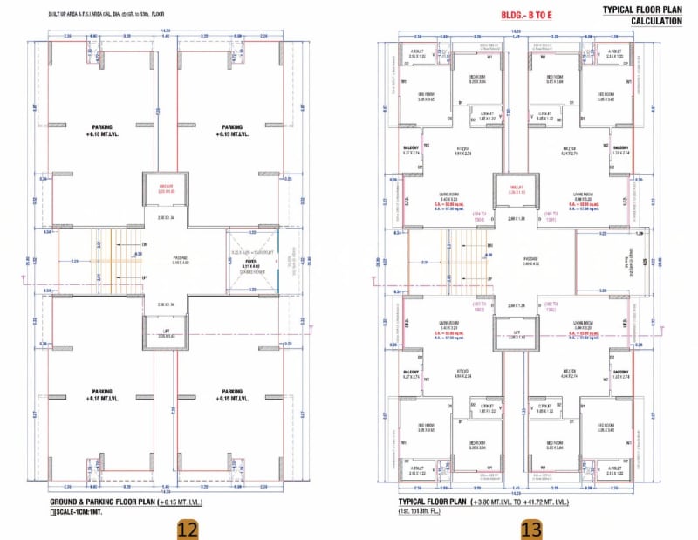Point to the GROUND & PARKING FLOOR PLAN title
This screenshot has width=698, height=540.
pyautogui.click(x=101, y=502)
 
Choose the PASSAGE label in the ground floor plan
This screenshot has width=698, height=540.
pyautogui.click(x=165, y=257)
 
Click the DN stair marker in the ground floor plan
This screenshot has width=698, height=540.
pyautogui.click(x=145, y=244)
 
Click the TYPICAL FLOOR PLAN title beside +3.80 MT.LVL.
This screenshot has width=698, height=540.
pyautogui.click(x=433, y=502)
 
